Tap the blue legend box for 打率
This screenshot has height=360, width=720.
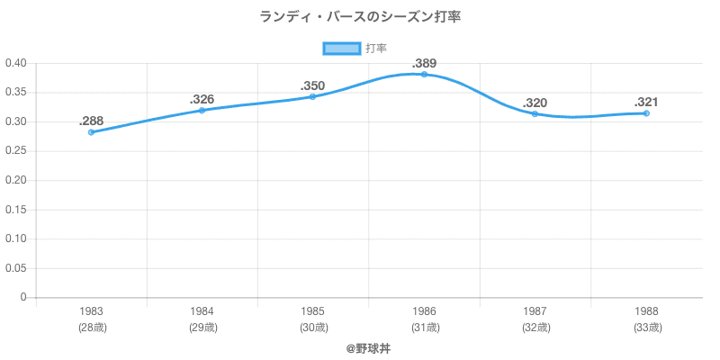341,48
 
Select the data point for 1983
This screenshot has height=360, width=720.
91,132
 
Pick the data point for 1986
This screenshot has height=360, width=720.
424,74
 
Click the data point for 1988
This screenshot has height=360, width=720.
646,113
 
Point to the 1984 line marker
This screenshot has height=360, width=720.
202,110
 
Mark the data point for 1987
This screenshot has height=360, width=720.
535,113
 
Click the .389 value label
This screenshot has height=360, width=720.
424,63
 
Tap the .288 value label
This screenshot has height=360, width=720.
91,121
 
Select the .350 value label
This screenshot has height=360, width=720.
312,85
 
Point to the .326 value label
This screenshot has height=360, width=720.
202,99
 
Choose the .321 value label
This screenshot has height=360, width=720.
646,102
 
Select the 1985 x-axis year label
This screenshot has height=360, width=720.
312,311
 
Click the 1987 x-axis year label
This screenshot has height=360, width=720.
535,311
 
